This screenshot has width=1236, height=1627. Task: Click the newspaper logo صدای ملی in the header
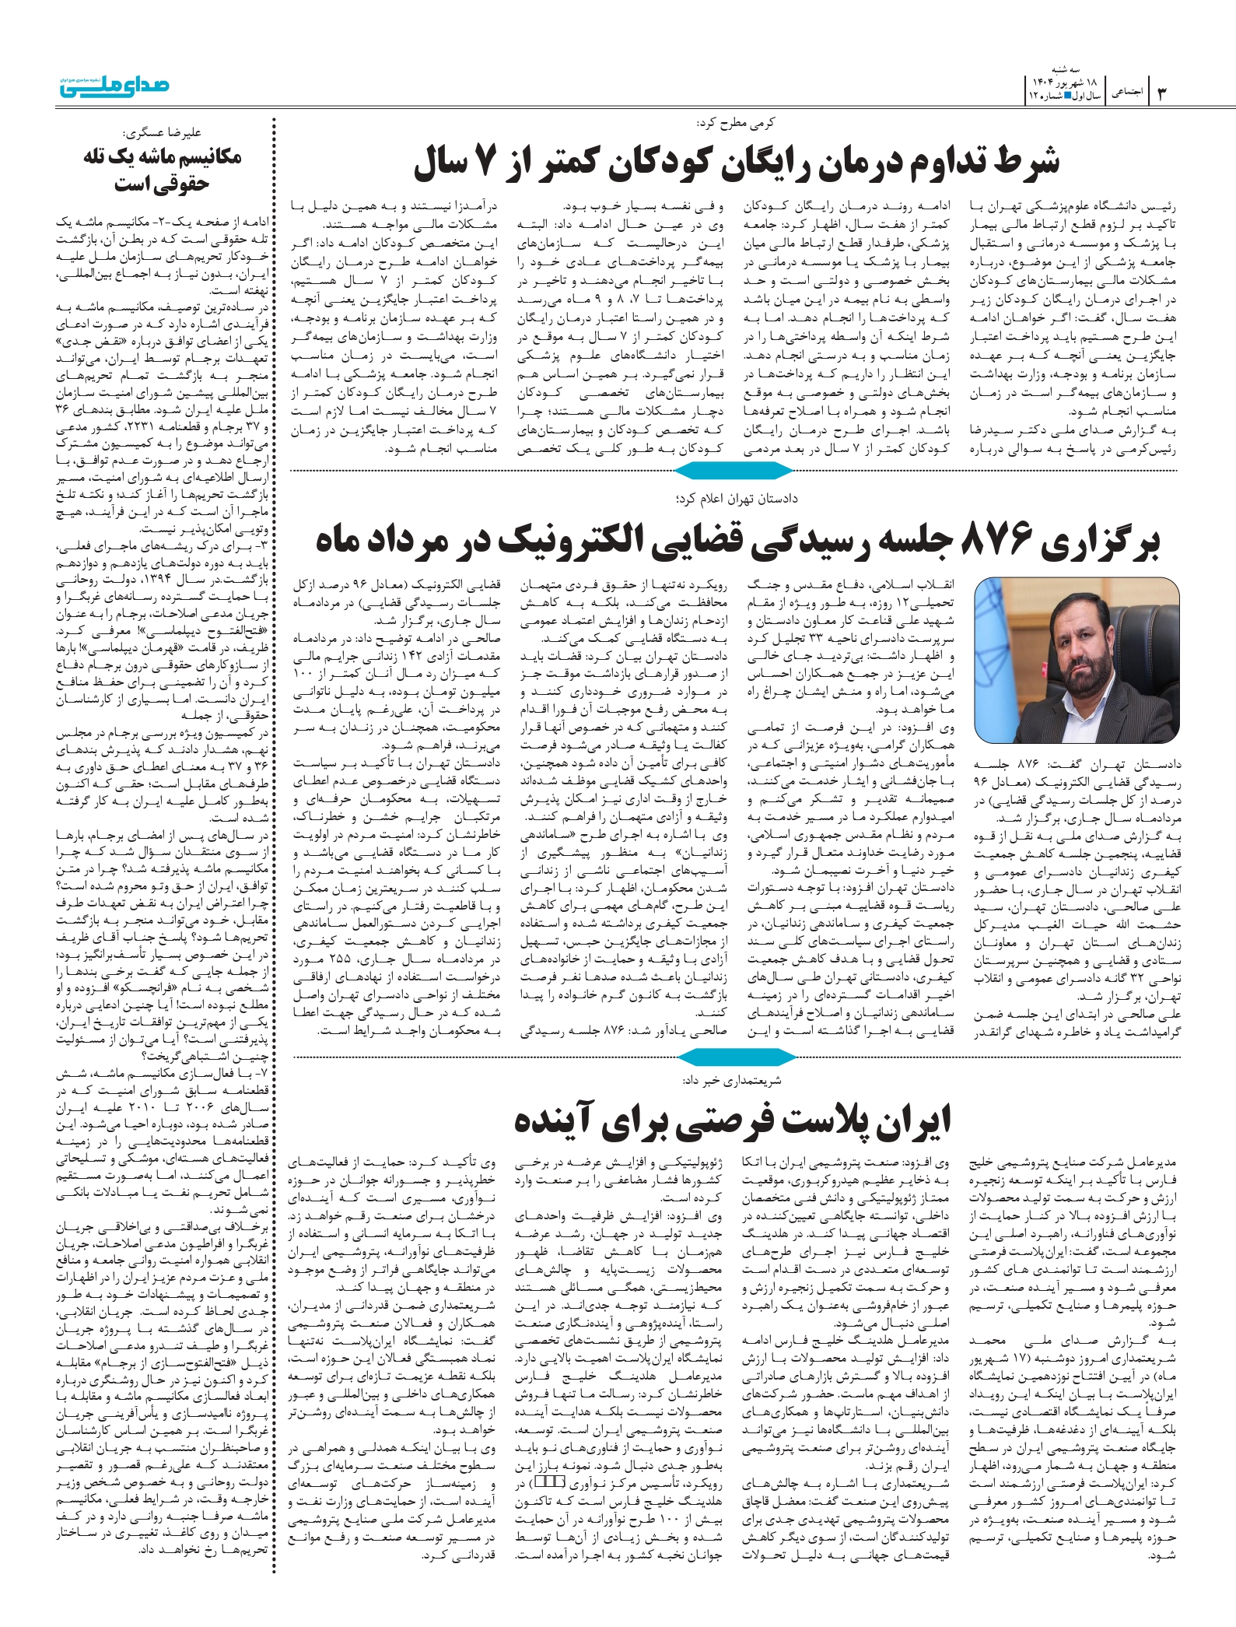click(114, 86)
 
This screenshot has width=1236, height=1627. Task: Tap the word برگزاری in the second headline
click(1100, 540)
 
